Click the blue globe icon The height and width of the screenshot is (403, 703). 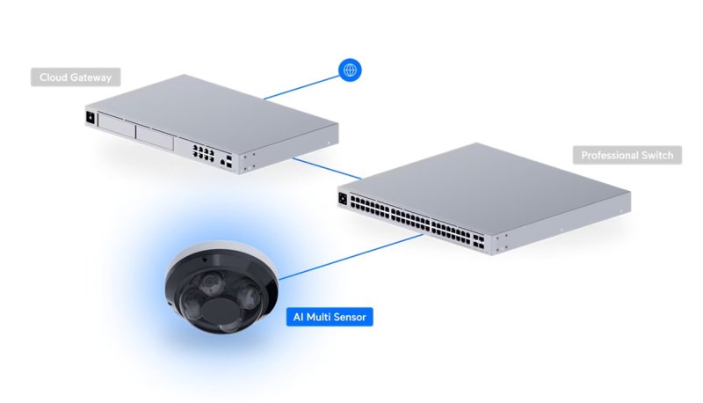(350, 70)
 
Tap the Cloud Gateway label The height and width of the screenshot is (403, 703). (76, 77)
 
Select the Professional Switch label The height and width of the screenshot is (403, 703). (627, 156)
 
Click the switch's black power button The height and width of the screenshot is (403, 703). (344, 199)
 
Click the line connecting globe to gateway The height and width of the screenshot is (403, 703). (300, 86)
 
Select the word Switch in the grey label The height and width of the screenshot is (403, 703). (654, 156)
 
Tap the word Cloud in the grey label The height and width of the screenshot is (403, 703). (54, 77)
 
